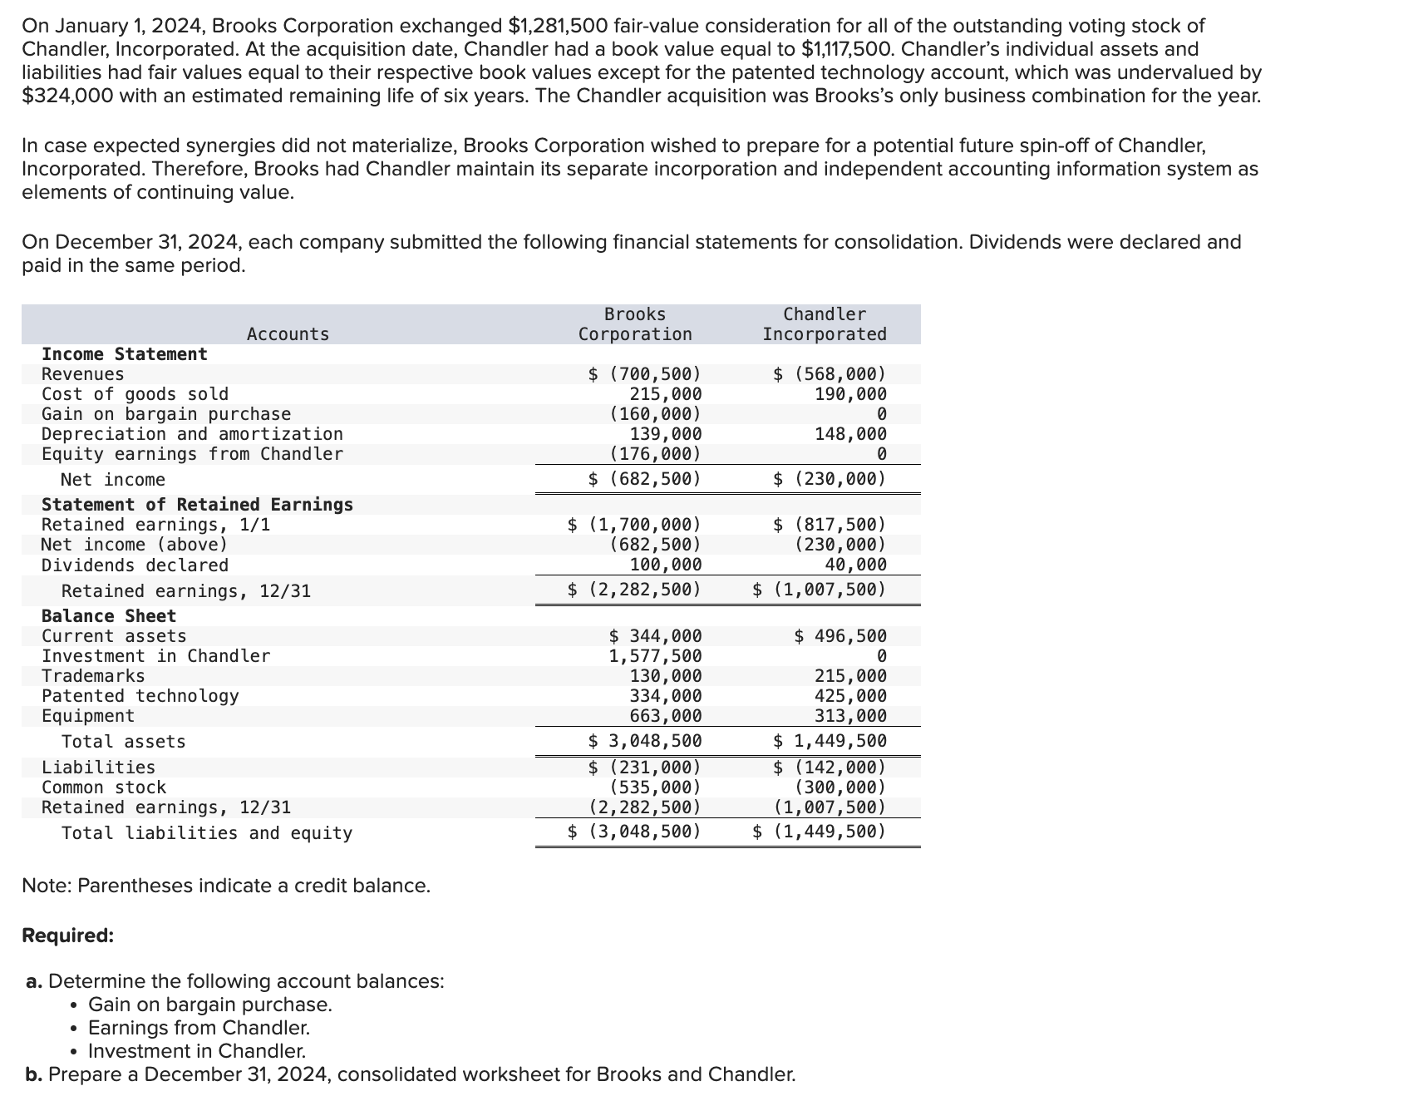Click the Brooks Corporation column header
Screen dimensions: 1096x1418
pos(635,324)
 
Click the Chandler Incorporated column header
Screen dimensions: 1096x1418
pos(825,324)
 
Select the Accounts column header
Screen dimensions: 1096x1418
pos(288,334)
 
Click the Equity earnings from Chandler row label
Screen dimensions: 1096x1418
pos(192,454)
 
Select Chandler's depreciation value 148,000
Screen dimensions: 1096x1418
pos(850,434)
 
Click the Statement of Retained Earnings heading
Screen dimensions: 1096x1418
pos(197,505)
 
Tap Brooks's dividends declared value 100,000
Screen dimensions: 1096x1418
pos(665,565)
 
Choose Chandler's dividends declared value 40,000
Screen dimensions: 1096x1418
pos(855,565)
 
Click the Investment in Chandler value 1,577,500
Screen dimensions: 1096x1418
pos(655,656)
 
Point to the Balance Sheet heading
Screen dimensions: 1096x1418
pos(109,616)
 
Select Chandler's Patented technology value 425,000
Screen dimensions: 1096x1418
pos(850,696)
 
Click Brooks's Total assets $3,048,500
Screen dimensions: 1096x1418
pos(645,741)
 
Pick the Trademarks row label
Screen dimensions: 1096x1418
pos(93,676)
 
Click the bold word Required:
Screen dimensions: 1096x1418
pos(68,936)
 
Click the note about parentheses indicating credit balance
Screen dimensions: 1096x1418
pos(226,886)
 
